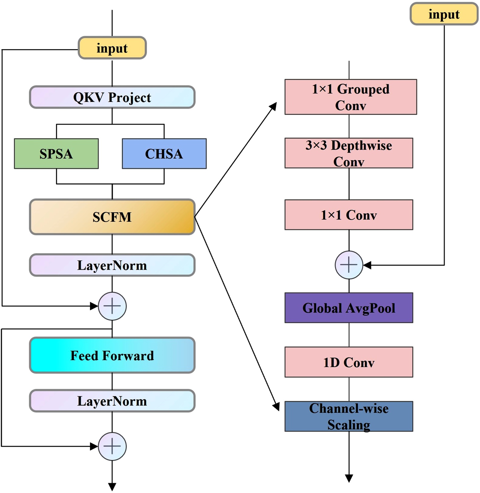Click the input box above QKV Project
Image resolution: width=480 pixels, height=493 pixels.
[x=112, y=48]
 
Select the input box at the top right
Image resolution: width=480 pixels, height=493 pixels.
[x=444, y=14]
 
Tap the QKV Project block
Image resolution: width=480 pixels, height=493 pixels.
[x=112, y=97]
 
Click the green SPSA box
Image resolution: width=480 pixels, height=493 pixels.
[x=56, y=154]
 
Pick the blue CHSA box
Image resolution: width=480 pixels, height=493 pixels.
[x=164, y=154]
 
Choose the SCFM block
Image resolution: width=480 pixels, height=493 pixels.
[x=112, y=217]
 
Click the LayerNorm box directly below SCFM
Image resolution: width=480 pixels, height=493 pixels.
[x=112, y=265]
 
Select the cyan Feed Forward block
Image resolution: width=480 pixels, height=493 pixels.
[x=112, y=355]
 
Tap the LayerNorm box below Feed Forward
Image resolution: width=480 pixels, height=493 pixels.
[x=112, y=401]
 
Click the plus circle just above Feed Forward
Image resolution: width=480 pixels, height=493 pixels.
[x=112, y=306]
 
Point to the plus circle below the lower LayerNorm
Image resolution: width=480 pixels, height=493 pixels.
[x=112, y=446]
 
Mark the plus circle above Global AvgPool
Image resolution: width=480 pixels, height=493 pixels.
[x=349, y=265]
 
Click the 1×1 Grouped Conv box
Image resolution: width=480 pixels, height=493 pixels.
[x=350, y=97]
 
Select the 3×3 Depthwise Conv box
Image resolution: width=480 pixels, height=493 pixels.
[x=349, y=153]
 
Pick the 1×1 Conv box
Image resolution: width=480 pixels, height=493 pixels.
[x=349, y=215]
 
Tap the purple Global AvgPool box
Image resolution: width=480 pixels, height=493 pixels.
[x=349, y=308]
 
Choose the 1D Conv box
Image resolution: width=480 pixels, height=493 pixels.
[x=349, y=362]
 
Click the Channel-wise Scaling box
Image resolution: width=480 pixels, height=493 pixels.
[x=349, y=416]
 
